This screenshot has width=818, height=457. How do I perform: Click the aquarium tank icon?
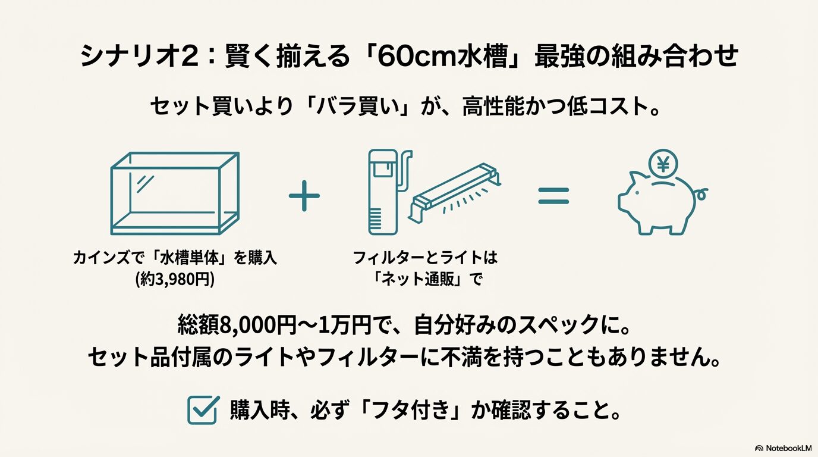[175, 193]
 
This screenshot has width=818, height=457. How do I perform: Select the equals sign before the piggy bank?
[553, 195]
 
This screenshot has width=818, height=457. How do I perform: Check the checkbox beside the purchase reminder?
[202, 411]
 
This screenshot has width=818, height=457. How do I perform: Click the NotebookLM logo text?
[788, 448]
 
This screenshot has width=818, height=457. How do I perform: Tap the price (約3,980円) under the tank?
[175, 278]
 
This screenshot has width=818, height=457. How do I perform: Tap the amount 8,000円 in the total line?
[258, 325]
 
